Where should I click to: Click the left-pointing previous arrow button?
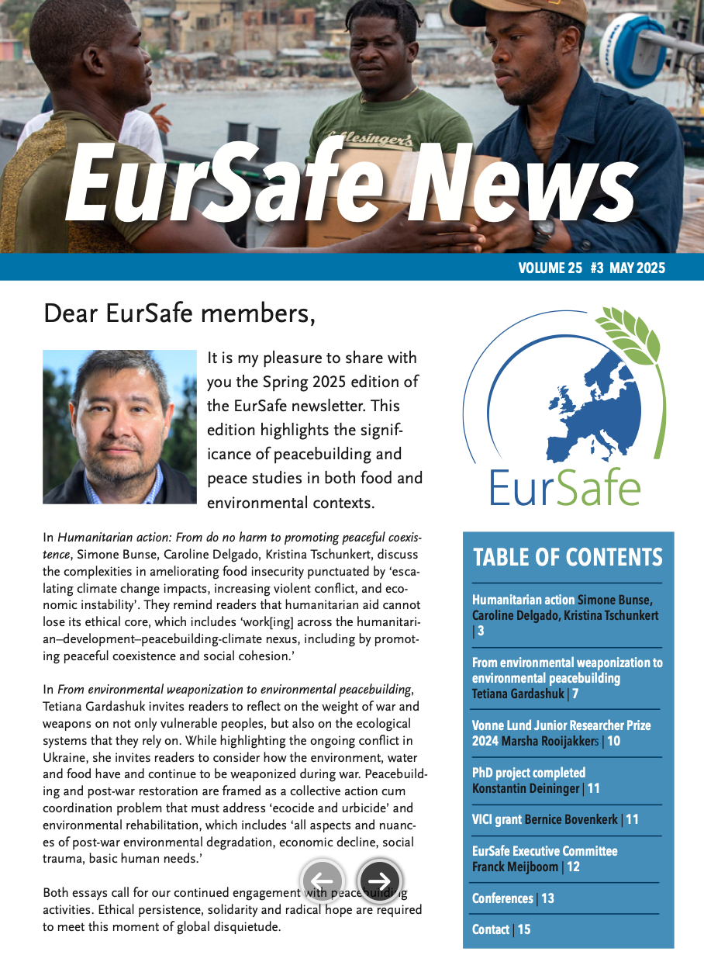(322, 881)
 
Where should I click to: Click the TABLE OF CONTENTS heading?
(568, 557)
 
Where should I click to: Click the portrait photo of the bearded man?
(119, 427)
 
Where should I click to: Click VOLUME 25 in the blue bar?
(550, 268)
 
